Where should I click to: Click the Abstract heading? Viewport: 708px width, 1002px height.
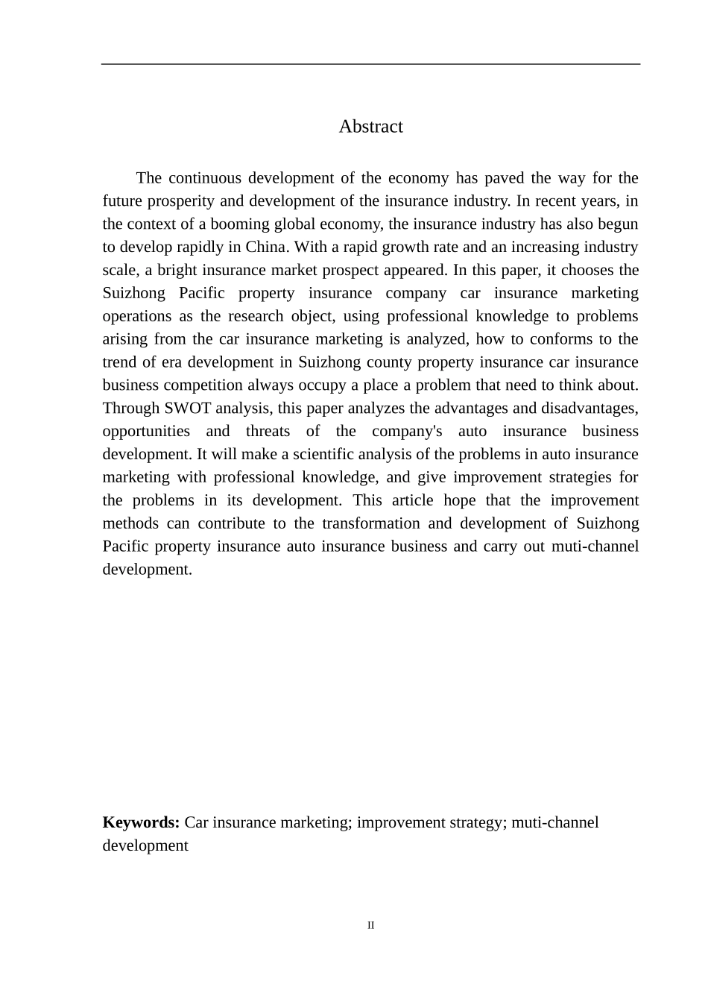click(370, 127)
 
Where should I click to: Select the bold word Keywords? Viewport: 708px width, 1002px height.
click(141, 822)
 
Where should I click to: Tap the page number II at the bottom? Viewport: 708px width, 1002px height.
click(370, 926)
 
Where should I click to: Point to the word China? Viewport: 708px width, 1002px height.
click(266, 248)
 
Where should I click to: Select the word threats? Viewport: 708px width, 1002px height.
click(268, 432)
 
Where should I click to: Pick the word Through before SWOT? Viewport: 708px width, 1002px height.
click(131, 409)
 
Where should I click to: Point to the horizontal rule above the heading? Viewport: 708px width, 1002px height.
click(370, 64)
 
